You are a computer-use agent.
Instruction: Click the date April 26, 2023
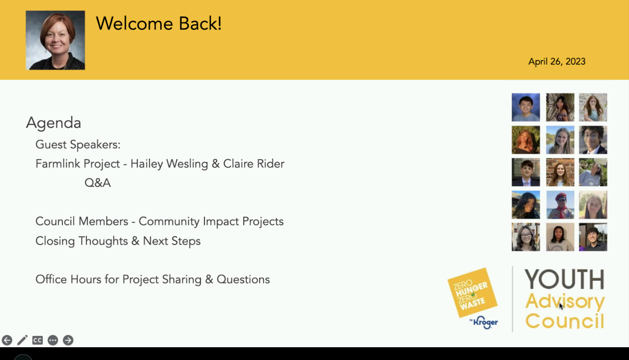[x=557, y=62]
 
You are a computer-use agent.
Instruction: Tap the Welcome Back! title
[x=159, y=23]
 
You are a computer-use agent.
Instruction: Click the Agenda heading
[x=54, y=123]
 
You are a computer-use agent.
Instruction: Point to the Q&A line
[x=97, y=183]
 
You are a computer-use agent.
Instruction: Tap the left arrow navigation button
[x=7, y=340]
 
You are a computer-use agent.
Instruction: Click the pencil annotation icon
[x=23, y=340]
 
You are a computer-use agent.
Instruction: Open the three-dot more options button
[x=53, y=340]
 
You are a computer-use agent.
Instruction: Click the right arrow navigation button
[x=68, y=340]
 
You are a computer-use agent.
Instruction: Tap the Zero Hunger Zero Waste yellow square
[x=472, y=293]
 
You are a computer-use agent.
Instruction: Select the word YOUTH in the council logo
[x=565, y=279]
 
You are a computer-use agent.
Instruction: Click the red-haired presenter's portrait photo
[x=56, y=40]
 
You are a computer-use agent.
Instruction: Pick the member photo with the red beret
[x=560, y=204]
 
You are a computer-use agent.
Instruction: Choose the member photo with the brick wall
[x=560, y=172]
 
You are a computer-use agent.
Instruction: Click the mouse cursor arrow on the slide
[x=561, y=306]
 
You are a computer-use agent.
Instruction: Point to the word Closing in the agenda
[x=55, y=241]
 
